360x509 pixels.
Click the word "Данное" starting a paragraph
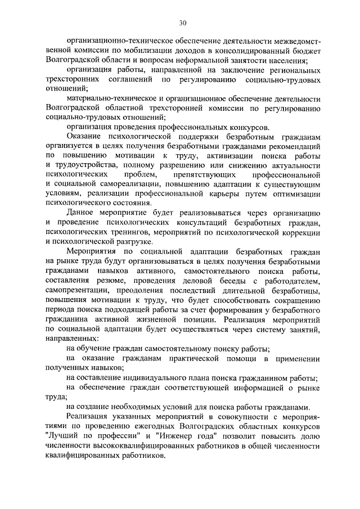pyautogui.click(x=79, y=214)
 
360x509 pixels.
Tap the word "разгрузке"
pyautogui.click(x=121, y=243)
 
